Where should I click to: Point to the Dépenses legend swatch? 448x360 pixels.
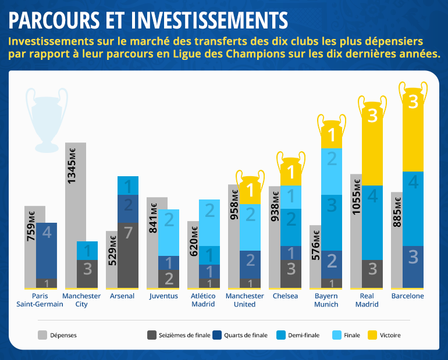coord(42,335)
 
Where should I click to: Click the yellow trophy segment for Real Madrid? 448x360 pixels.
coord(372,145)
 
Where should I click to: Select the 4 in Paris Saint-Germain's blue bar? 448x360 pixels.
coord(47,232)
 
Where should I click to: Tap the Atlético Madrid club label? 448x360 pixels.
coord(203,300)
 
